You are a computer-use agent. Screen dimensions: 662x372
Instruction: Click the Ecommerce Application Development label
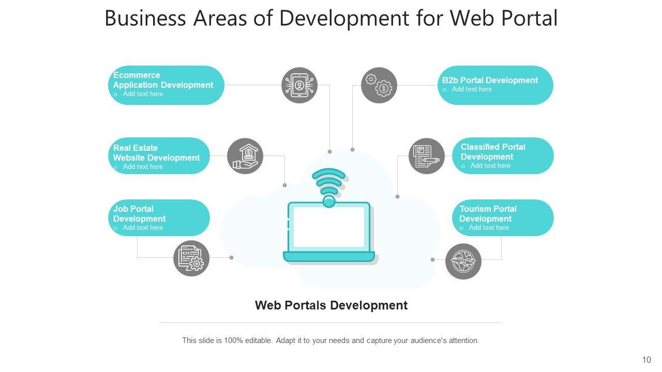tap(163, 80)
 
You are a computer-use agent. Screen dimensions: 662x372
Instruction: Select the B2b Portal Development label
tap(490, 80)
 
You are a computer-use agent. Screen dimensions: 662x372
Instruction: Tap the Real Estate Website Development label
tap(156, 153)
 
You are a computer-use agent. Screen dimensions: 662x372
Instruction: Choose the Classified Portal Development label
tap(493, 152)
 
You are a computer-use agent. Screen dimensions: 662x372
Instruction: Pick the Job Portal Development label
tap(139, 214)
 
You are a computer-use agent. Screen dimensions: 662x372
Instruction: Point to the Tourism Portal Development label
tap(488, 214)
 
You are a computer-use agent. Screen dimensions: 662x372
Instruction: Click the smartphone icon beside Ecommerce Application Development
tap(299, 85)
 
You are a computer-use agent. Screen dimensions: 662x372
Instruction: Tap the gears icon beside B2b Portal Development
tap(379, 85)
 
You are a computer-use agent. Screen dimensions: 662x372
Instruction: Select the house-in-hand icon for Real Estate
tap(245, 156)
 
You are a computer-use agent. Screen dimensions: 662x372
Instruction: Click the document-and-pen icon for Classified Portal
tap(427, 156)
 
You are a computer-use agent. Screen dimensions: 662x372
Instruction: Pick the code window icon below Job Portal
tap(191, 258)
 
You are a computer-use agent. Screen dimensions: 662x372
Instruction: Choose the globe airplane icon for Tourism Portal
tap(463, 261)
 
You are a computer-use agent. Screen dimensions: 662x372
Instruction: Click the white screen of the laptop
tap(329, 227)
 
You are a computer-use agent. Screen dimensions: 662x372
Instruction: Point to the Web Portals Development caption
tap(331, 305)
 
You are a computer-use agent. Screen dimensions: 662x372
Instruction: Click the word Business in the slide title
tap(145, 18)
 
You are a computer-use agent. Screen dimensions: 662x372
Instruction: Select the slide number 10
tap(646, 360)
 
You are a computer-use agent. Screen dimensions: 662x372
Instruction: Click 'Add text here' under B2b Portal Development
tap(472, 89)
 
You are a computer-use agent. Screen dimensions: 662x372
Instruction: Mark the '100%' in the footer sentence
tap(234, 340)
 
